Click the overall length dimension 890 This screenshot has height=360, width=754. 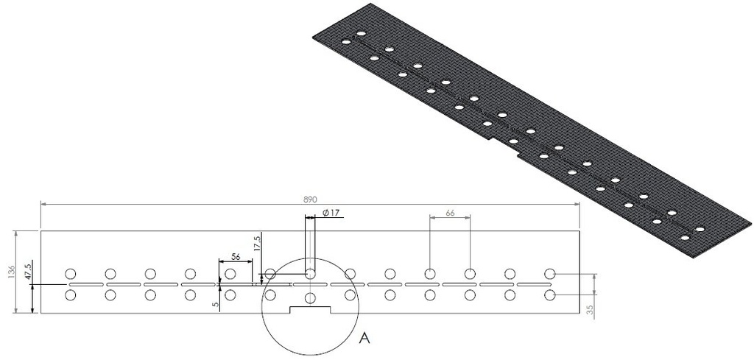click(309, 200)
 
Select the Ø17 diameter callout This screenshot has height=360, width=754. click(331, 213)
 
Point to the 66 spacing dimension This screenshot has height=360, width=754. click(450, 213)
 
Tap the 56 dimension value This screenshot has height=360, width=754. click(236, 257)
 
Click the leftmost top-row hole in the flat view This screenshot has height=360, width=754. click(71, 274)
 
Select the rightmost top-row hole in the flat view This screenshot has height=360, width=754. click(549, 274)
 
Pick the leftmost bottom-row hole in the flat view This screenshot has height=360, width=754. click(71, 295)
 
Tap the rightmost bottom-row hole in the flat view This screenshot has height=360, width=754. click(549, 295)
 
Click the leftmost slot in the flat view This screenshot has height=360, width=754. click(85, 284)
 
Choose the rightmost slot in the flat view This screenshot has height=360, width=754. click(535, 284)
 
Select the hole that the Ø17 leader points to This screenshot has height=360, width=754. click(310, 274)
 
